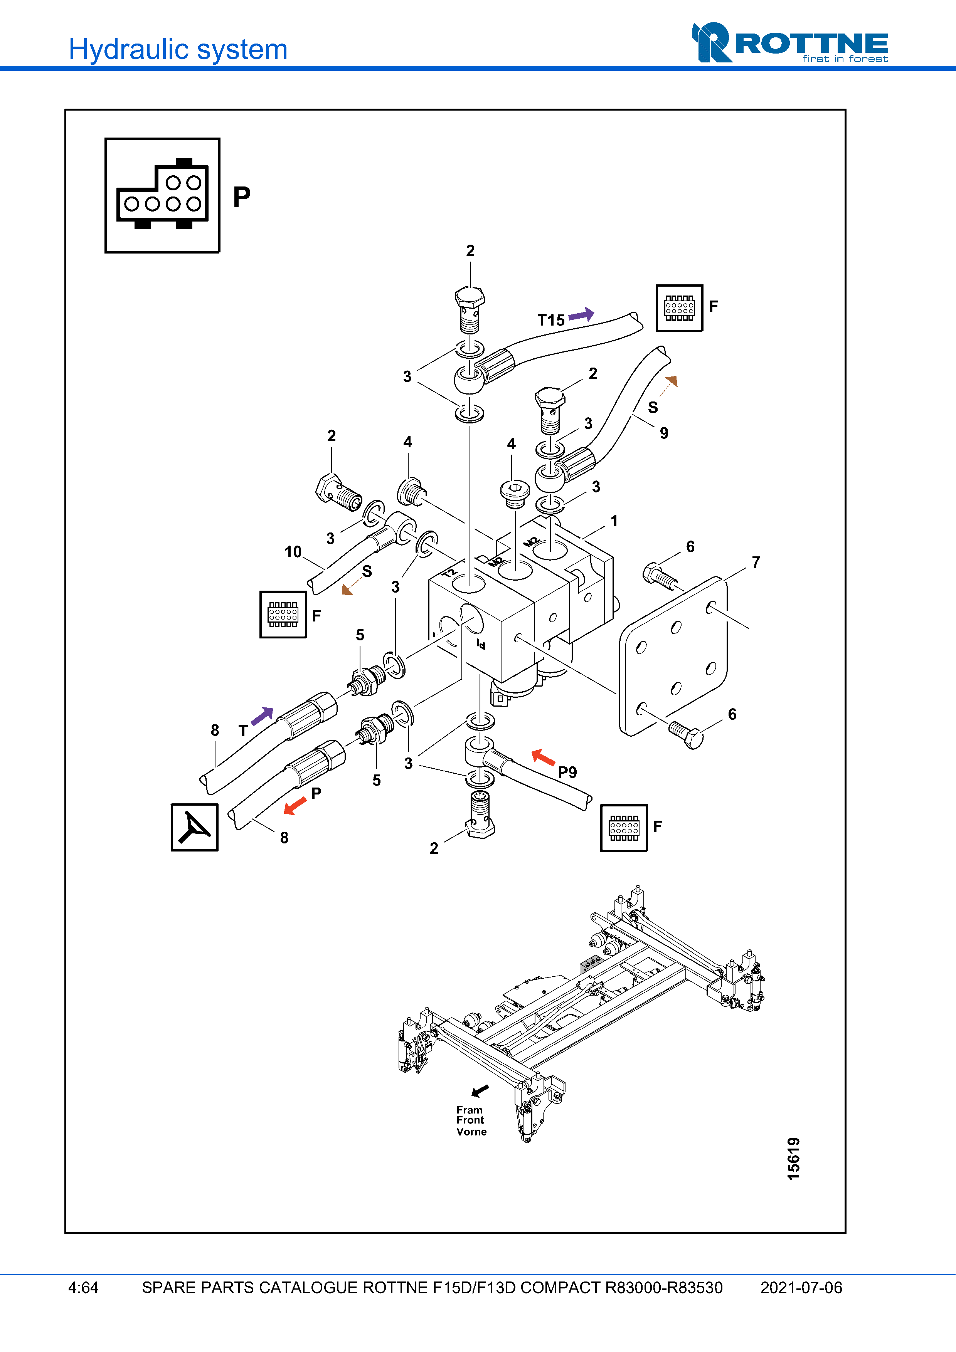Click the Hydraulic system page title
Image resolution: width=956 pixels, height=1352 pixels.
tap(178, 49)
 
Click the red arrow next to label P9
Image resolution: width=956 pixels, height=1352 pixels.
tap(543, 757)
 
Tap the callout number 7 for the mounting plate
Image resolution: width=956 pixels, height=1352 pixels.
tap(756, 563)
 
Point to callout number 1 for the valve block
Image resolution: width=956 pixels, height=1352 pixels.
tap(614, 521)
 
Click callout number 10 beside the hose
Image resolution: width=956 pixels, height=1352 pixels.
tap(293, 552)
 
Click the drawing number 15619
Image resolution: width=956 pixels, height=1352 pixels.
tap(793, 1158)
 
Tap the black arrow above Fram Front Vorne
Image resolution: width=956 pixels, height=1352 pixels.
tap(480, 1090)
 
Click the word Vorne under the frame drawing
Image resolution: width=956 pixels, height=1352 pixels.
tap(471, 1132)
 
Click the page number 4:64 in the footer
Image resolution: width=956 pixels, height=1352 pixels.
tap(83, 1288)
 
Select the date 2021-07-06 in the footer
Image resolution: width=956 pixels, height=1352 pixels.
tap(801, 1288)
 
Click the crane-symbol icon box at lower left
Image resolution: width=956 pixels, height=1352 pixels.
tap(194, 827)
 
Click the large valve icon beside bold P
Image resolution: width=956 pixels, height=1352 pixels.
tap(163, 195)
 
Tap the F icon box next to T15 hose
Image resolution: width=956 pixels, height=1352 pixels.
tap(679, 308)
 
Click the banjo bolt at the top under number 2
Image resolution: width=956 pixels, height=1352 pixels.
tap(470, 309)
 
